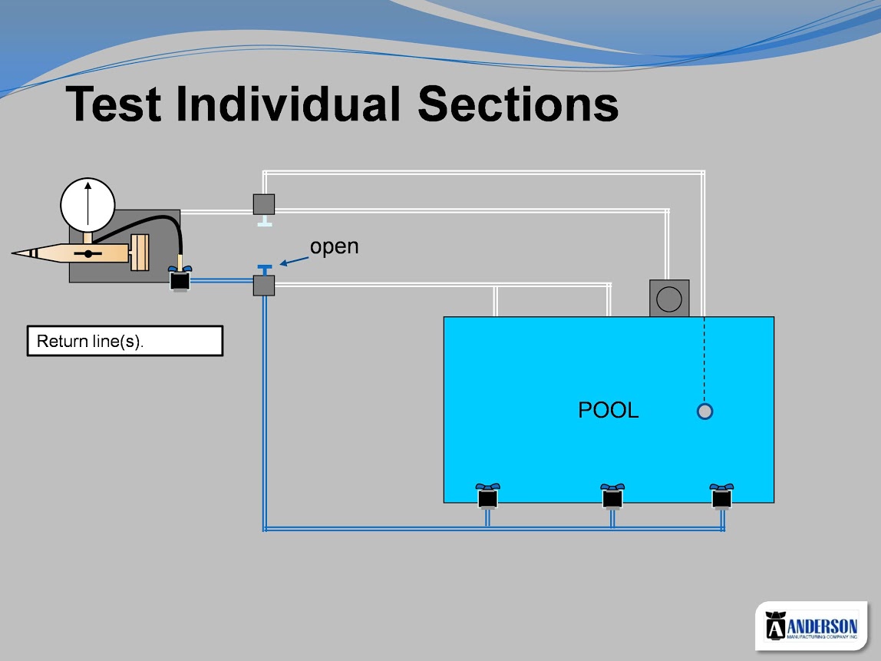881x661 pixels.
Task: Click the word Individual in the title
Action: (x=289, y=104)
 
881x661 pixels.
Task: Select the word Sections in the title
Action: (x=518, y=104)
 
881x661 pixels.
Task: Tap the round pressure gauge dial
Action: (x=87, y=205)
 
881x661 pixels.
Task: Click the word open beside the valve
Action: (x=335, y=246)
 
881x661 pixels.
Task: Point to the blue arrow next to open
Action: (x=294, y=261)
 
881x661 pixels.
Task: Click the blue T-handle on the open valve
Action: (x=265, y=269)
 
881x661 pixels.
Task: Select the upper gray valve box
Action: (x=264, y=204)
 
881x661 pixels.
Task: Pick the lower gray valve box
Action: (x=264, y=286)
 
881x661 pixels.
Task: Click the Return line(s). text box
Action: (x=125, y=341)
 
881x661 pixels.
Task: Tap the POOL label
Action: (x=609, y=410)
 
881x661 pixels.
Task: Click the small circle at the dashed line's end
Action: (x=704, y=411)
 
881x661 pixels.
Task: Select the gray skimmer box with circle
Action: (x=669, y=299)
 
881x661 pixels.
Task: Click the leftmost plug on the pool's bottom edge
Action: (x=488, y=496)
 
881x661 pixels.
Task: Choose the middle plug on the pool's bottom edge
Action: (x=612, y=496)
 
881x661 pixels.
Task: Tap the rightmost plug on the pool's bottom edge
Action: (x=721, y=496)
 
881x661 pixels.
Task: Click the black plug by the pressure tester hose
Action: (x=180, y=278)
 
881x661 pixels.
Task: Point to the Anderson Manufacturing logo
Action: (x=811, y=626)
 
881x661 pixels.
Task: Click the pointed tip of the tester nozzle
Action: (x=12, y=253)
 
